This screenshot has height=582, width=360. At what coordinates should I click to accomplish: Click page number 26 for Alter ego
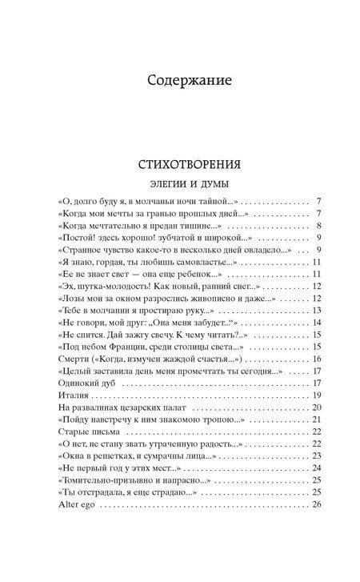click(x=316, y=505)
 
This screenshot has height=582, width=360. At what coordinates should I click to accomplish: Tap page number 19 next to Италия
click(x=316, y=395)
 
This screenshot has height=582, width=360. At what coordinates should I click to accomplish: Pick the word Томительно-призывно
click(x=107, y=481)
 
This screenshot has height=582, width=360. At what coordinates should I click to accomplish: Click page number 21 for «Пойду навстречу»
click(x=316, y=420)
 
